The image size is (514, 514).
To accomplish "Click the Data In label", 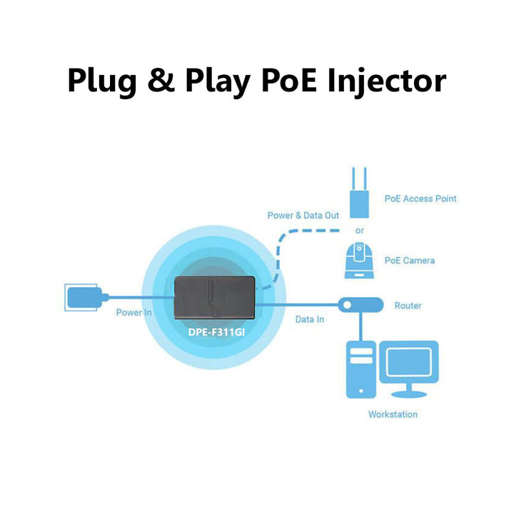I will [309, 319].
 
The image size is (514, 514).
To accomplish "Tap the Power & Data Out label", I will [303, 215].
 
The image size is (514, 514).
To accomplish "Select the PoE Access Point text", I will [420, 198].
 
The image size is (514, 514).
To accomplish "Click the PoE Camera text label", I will [409, 261].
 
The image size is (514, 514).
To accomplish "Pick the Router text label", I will [408, 306].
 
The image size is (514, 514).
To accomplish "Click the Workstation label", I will [393, 414].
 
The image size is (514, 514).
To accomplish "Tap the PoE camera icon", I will [358, 261].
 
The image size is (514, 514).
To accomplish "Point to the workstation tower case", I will [361, 368].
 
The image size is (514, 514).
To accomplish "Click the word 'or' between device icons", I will [359, 231].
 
